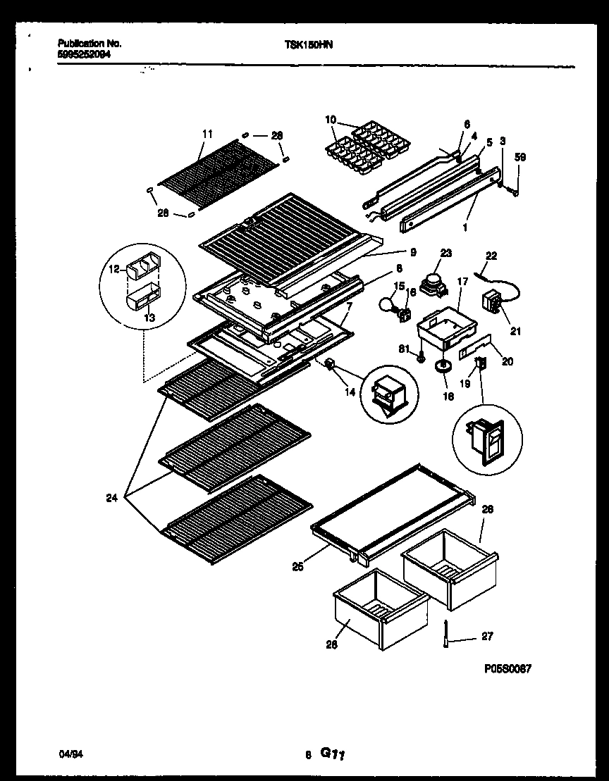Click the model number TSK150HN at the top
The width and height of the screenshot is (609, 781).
click(x=309, y=44)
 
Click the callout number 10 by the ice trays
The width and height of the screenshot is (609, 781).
click(x=330, y=119)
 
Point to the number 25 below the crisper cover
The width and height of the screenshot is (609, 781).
click(x=298, y=566)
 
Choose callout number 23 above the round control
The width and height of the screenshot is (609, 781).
click(x=445, y=252)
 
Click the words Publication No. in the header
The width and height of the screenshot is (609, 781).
click(x=85, y=43)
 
